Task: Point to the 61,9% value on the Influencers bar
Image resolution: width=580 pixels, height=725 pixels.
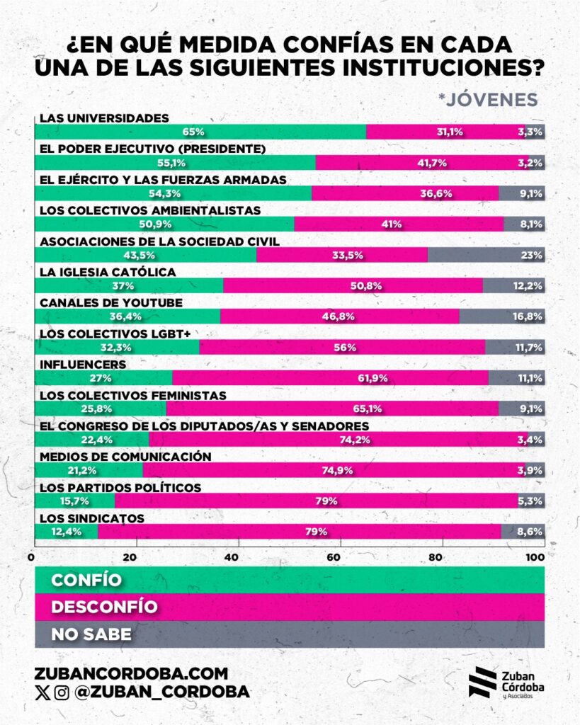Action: pos(373,377)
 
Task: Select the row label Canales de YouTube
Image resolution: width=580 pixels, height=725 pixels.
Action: pos(111,302)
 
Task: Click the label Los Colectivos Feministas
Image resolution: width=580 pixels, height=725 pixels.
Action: pos(132,395)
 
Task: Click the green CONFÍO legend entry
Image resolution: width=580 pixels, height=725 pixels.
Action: pos(290,580)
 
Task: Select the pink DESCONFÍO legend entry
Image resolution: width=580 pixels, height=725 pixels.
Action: pos(290,607)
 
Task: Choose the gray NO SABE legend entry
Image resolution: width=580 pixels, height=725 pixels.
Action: pos(290,634)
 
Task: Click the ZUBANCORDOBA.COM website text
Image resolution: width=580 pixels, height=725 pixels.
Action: pos(131,673)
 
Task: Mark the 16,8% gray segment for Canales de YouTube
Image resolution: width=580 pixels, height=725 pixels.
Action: pos(501,316)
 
